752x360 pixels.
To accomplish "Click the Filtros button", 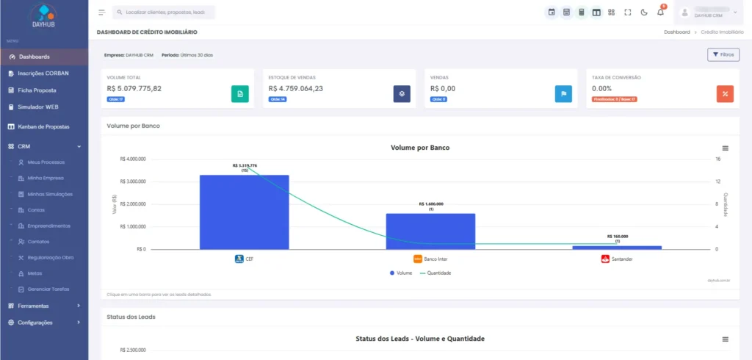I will pos(723,55).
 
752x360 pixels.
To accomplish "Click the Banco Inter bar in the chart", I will pos(430,231).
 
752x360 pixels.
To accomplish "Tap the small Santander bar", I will pos(617,248).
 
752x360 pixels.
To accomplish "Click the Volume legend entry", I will pos(400,273).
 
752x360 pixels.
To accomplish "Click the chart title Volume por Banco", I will pos(419,148).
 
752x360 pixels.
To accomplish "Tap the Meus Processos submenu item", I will pos(46,162).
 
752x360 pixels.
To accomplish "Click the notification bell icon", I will pos(660,12).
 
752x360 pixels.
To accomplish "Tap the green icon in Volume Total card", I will pos(239,94).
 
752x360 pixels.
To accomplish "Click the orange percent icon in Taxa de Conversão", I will pos(725,94).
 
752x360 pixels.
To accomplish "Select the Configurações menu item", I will pos(35,323).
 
